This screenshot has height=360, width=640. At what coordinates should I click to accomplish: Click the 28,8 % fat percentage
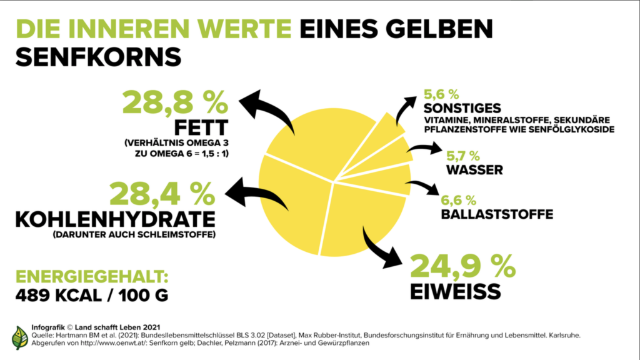(x=175, y=102)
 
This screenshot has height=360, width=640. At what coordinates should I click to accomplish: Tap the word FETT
(x=201, y=127)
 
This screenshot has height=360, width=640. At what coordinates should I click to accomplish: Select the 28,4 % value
(x=162, y=194)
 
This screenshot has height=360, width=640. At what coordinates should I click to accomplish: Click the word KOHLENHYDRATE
(x=116, y=219)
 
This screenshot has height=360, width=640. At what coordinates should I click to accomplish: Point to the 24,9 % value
(x=463, y=266)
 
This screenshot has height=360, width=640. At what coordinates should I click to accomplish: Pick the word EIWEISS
(x=455, y=292)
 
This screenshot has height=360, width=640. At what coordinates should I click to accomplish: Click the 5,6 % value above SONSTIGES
(x=441, y=94)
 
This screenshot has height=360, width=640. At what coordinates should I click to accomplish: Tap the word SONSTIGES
(x=462, y=108)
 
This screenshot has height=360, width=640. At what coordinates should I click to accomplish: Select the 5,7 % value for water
(x=463, y=156)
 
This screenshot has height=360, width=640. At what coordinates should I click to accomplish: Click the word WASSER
(x=474, y=170)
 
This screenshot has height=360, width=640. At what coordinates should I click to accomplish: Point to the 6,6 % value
(x=458, y=201)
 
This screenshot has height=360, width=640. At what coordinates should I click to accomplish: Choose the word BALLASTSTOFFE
(x=497, y=214)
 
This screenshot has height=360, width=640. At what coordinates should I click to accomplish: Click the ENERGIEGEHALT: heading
(x=92, y=277)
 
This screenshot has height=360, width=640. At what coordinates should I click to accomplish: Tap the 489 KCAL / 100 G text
(x=92, y=296)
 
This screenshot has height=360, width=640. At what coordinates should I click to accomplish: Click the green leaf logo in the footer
(x=19, y=337)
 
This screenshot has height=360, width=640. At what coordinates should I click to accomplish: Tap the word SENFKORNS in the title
(x=98, y=57)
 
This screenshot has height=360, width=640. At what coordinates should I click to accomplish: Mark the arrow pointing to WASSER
(x=425, y=148)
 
